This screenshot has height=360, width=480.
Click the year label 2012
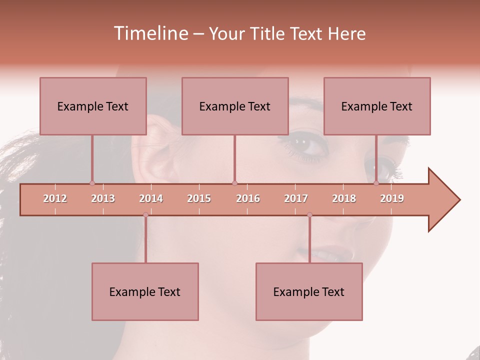(55, 198)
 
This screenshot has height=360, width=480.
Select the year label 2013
(103, 198)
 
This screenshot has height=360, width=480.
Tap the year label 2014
(151, 198)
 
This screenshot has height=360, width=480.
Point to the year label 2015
(199, 198)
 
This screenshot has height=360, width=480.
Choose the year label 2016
(248, 198)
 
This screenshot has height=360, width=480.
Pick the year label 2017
(296, 198)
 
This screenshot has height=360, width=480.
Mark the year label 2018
(344, 198)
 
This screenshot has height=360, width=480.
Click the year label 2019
(392, 198)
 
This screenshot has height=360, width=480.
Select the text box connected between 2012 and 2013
(93, 106)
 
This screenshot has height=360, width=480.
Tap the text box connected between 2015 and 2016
(235, 106)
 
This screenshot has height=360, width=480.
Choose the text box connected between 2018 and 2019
(377, 106)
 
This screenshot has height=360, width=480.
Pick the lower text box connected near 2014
(145, 291)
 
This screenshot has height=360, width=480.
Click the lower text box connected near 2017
(309, 291)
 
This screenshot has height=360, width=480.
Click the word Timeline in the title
(150, 33)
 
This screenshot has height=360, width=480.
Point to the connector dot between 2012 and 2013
(92, 183)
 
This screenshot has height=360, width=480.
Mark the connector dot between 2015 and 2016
(234, 183)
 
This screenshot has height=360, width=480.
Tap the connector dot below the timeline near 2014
(145, 214)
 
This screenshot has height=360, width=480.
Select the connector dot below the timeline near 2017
(309, 214)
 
